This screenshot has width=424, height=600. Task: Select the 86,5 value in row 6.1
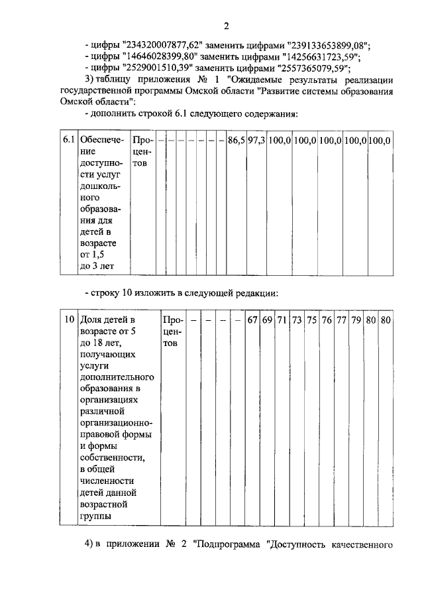tap(236, 141)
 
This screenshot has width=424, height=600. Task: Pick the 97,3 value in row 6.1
tap(256, 141)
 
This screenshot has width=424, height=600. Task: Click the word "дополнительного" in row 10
tap(111, 376)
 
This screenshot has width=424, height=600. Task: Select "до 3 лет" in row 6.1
tap(98, 266)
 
